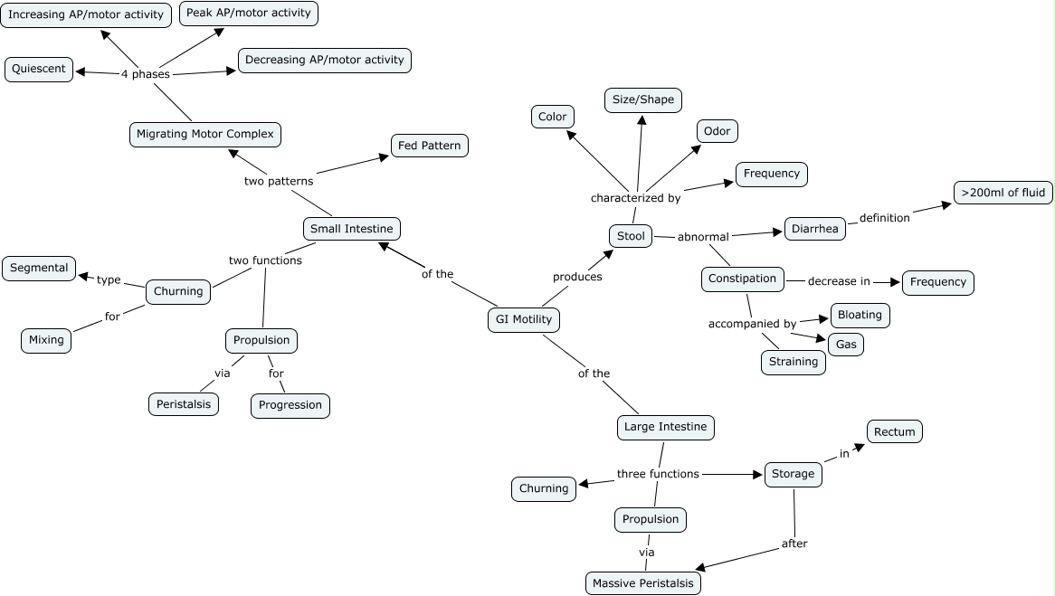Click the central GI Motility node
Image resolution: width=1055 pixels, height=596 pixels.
pyautogui.click(x=524, y=319)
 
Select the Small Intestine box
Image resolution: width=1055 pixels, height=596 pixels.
pyautogui.click(x=351, y=229)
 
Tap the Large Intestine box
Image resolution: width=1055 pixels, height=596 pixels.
pyautogui.click(x=666, y=427)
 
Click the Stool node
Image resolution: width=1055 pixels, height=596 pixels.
pyautogui.click(x=631, y=236)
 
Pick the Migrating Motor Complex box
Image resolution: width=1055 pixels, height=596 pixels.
pyautogui.click(x=204, y=134)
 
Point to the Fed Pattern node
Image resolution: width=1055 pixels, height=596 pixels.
pyautogui.click(x=429, y=146)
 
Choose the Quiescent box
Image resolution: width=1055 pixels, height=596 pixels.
pyautogui.click(x=39, y=70)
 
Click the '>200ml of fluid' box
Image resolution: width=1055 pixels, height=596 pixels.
pyautogui.click(x=1003, y=193)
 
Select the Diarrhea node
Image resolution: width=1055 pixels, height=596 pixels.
pyautogui.click(x=815, y=229)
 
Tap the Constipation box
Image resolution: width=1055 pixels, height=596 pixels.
pyautogui.click(x=742, y=279)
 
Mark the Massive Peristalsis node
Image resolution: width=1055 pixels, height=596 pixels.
pyautogui.click(x=642, y=583)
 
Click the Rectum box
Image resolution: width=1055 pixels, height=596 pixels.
pyautogui.click(x=895, y=432)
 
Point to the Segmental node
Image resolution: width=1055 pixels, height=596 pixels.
pyautogui.click(x=39, y=268)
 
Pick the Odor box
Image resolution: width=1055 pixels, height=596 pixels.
pyautogui.click(x=717, y=131)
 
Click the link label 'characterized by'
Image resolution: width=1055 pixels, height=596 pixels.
pyautogui.click(x=635, y=197)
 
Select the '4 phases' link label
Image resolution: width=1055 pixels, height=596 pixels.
pyautogui.click(x=145, y=74)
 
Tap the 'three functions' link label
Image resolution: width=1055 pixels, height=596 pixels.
pyautogui.click(x=658, y=473)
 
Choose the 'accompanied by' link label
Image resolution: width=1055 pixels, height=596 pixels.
pyautogui.click(x=752, y=323)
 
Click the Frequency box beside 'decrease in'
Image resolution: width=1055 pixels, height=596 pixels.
pyautogui.click(x=937, y=282)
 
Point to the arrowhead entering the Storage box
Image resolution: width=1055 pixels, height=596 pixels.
pyautogui.click(x=760, y=473)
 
